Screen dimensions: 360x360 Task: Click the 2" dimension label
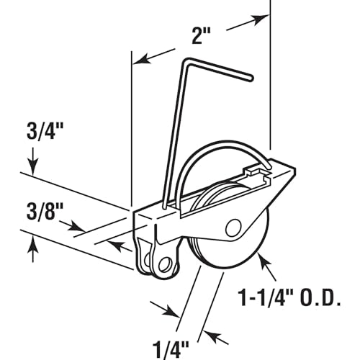[201, 36]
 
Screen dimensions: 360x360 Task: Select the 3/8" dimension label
[45, 211]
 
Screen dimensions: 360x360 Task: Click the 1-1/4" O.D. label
[290, 297]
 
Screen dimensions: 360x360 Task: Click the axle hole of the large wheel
[233, 228]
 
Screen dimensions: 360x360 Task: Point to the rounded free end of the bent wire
[251, 78]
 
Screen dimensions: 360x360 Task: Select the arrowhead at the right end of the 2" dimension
[261, 19]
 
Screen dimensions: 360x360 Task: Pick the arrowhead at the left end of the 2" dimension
[142, 60]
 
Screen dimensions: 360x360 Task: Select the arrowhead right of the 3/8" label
[77, 228]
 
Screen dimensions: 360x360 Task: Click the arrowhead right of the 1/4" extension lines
[212, 336]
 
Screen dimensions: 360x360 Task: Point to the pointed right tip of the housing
[294, 168]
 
